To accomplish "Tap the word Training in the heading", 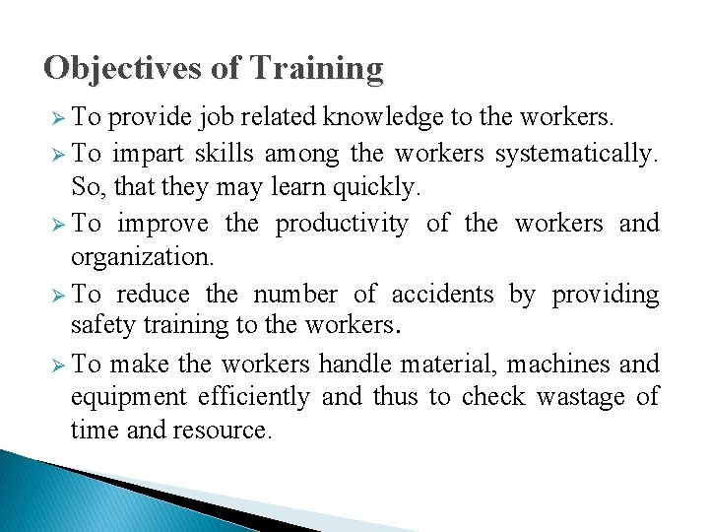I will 316,68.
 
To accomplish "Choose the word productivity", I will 341,224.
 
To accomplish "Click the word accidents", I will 442,294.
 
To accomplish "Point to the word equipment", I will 129,398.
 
